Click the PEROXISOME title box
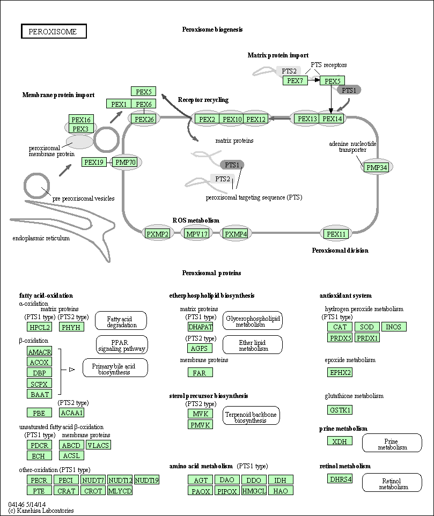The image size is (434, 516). (54, 32)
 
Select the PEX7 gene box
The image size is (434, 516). (295, 81)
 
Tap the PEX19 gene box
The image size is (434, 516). (94, 162)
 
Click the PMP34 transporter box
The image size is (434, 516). (377, 168)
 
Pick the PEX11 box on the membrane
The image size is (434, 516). (337, 234)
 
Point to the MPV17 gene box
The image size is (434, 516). (197, 234)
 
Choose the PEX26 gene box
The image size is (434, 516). (144, 119)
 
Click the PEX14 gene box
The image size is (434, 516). (332, 119)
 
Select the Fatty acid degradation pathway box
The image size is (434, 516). (121, 321)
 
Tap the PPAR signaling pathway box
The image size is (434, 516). (122, 345)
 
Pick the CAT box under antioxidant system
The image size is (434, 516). (340, 327)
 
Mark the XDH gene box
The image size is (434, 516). (340, 441)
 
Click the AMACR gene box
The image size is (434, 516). (39, 351)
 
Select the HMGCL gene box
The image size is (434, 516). (254, 490)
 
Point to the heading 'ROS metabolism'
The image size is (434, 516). (196, 220)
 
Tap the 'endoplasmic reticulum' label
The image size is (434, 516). (41, 238)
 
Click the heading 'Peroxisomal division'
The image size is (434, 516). (340, 250)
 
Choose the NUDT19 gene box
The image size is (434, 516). (146, 480)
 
